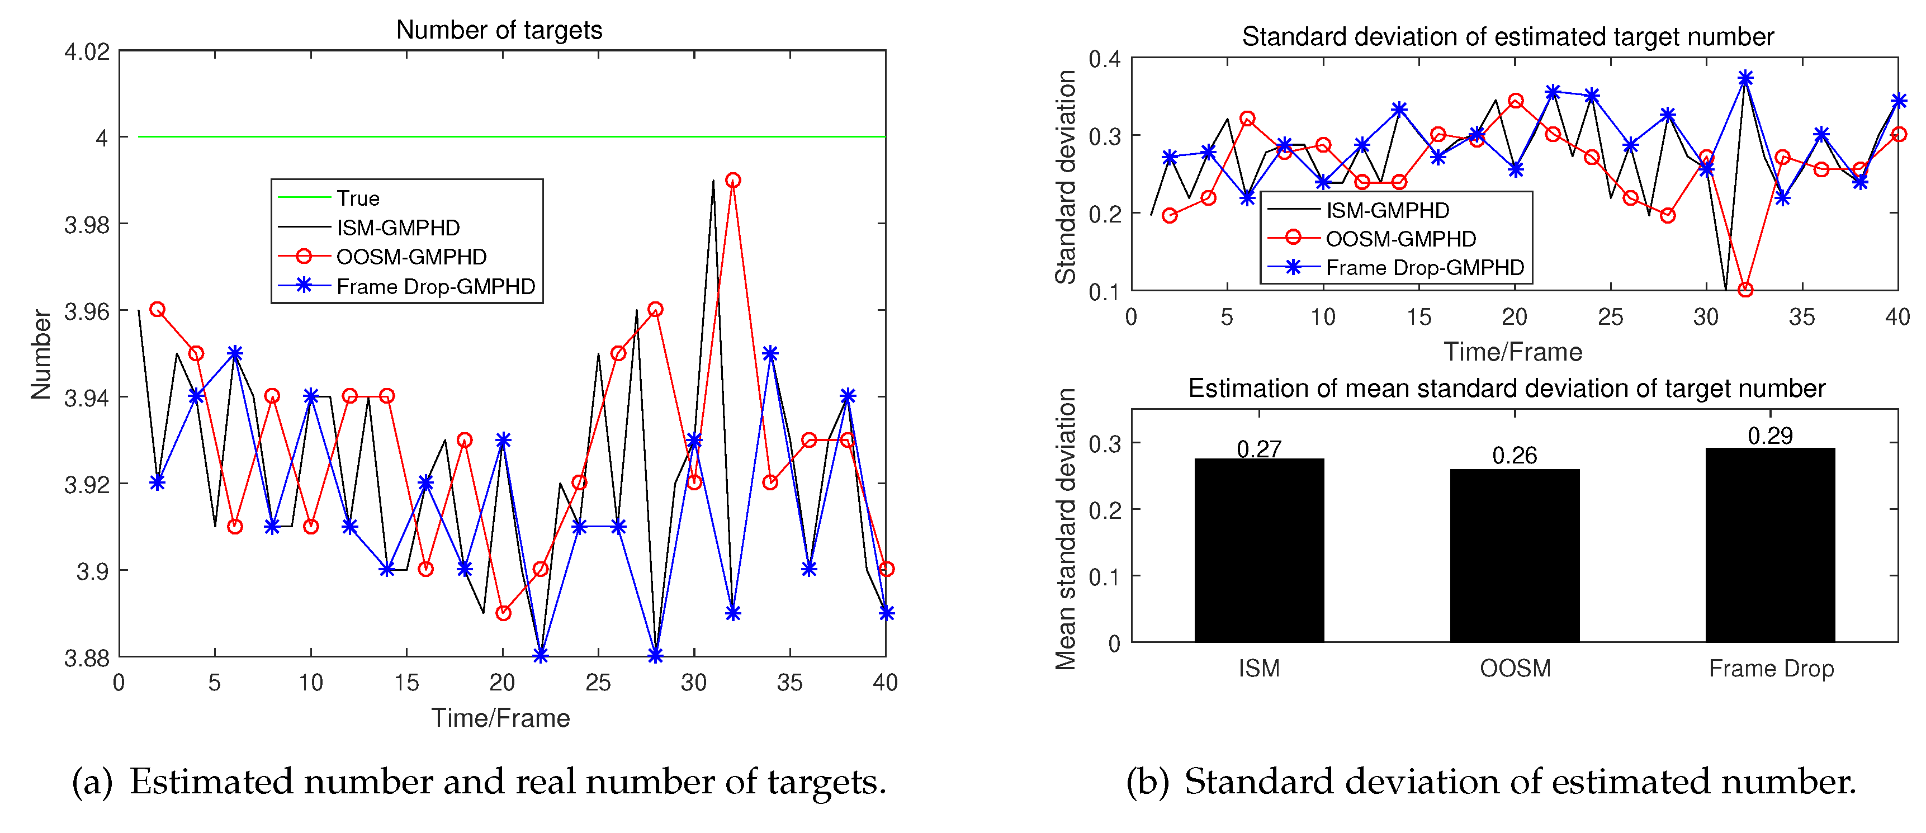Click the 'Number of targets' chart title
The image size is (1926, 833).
pyautogui.click(x=499, y=30)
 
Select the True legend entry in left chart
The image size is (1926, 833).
pyautogui.click(x=357, y=198)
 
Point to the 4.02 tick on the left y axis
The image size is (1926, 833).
pyautogui.click(x=87, y=51)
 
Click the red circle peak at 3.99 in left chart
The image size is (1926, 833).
pyautogui.click(x=733, y=180)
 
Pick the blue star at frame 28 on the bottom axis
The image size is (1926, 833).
pyautogui.click(x=655, y=656)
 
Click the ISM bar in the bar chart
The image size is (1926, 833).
pyautogui.click(x=1259, y=550)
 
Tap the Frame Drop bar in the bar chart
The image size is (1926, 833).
pyautogui.click(x=1769, y=545)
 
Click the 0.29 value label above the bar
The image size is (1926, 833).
pyautogui.click(x=1769, y=435)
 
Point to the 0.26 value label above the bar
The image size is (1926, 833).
pyautogui.click(x=1515, y=456)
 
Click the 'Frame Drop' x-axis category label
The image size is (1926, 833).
pyautogui.click(x=1771, y=668)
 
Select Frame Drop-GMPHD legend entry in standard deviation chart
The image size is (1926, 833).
pyautogui.click(x=1425, y=268)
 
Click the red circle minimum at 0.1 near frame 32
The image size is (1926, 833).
pyautogui.click(x=1745, y=290)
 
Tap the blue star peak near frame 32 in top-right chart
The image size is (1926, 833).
pyautogui.click(x=1745, y=78)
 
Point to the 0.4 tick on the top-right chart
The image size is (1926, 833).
pyautogui.click(x=1104, y=58)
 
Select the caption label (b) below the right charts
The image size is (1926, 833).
pyautogui.click(x=1146, y=782)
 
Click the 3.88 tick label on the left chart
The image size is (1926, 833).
pyautogui.click(x=87, y=658)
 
